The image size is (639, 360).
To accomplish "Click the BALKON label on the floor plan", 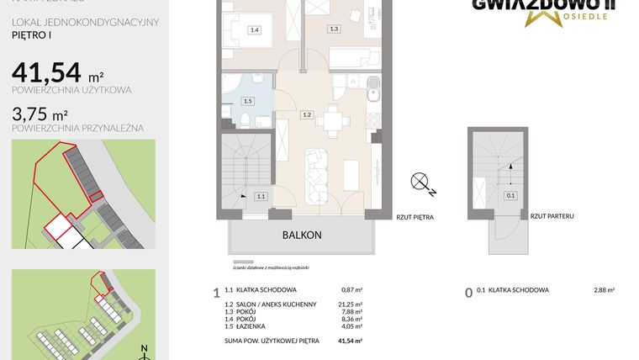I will click(x=301, y=236).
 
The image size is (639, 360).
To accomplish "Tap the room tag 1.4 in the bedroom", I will click(x=255, y=30).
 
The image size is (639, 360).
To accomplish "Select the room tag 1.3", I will click(x=334, y=29).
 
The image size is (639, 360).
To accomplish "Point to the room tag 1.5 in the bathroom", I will click(x=246, y=101).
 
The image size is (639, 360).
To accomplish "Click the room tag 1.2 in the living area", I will click(x=308, y=114).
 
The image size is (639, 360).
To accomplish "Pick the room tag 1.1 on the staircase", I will click(x=261, y=196).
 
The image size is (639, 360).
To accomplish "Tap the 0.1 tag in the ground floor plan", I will click(x=510, y=196).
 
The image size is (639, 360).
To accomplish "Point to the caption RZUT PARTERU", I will click(x=552, y=216).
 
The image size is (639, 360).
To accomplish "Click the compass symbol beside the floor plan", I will click(x=420, y=183).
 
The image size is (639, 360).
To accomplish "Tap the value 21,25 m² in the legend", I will click(x=350, y=304).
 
